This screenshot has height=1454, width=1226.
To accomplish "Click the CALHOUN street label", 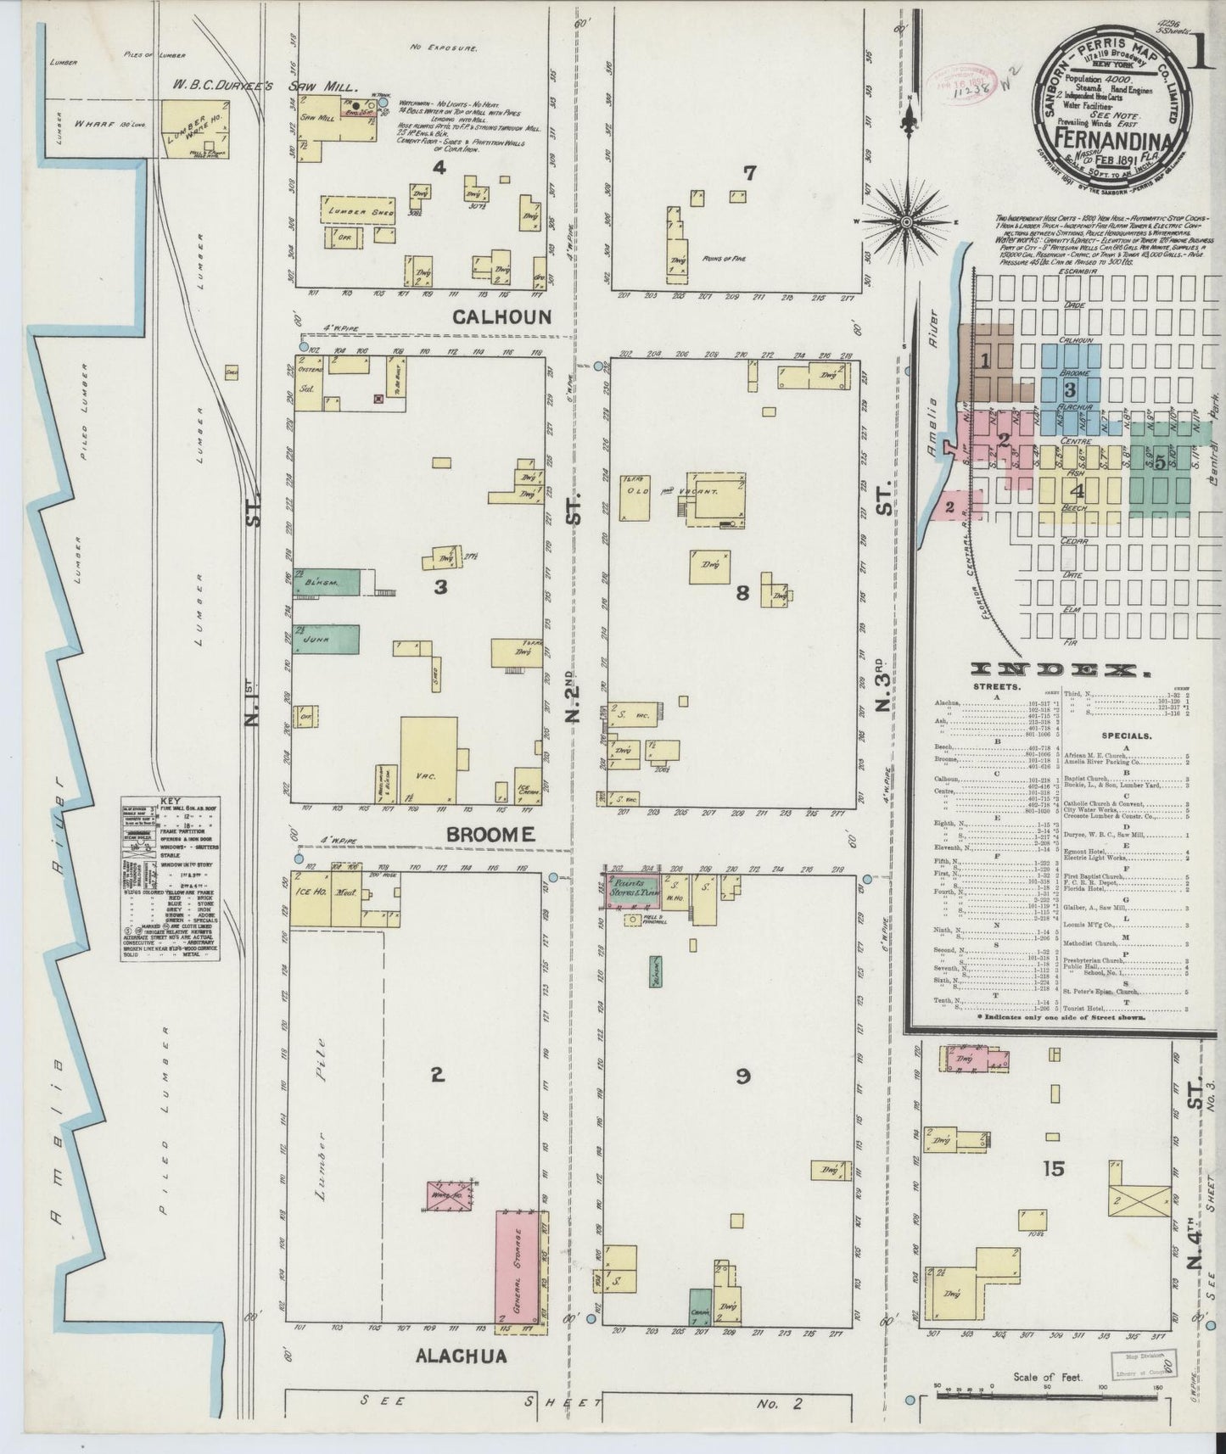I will click(502, 317).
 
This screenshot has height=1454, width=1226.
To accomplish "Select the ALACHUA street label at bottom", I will click(462, 1356).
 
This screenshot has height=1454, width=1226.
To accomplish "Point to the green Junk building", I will click(327, 640).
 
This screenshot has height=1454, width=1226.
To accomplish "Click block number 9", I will click(742, 1077).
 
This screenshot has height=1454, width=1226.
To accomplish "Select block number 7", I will click(749, 173).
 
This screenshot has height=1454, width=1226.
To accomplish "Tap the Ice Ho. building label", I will click(310, 892).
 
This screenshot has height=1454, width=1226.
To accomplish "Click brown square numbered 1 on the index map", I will click(985, 361).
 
